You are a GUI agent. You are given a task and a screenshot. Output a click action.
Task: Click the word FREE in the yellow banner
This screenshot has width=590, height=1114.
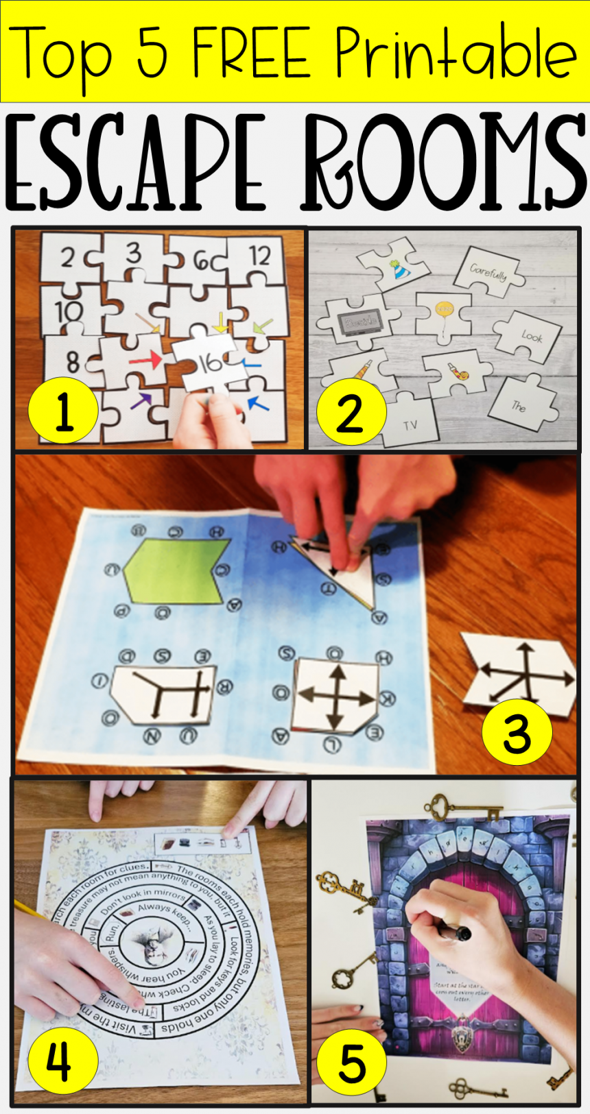coord(250,53)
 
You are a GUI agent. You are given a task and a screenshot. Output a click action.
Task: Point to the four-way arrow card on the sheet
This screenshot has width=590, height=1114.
coord(336,694)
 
